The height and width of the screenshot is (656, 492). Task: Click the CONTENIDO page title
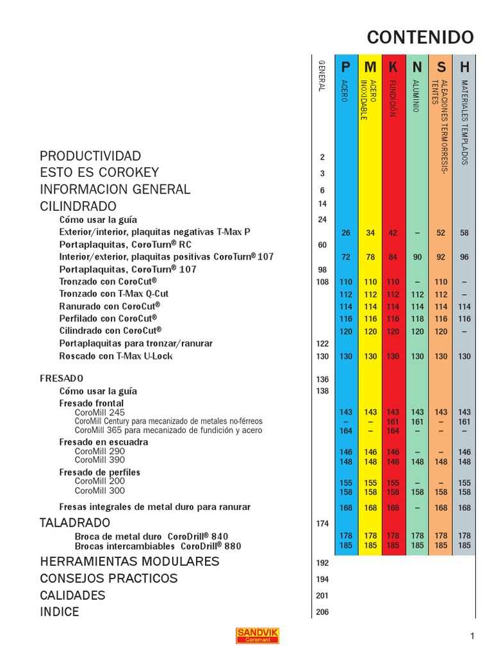pyautogui.click(x=420, y=37)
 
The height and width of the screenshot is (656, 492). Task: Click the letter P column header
pyautogui.click(x=346, y=67)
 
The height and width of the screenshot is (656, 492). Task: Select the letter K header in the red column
pyautogui.click(x=393, y=67)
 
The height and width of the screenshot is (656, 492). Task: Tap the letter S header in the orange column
pyautogui.click(x=441, y=67)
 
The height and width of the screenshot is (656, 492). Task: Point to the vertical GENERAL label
pyautogui.click(x=322, y=76)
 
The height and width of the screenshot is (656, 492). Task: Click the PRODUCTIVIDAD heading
pyautogui.click(x=90, y=156)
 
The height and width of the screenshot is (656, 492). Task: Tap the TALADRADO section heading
pyautogui.click(x=75, y=523)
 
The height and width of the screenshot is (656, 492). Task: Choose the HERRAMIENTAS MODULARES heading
pyautogui.click(x=129, y=562)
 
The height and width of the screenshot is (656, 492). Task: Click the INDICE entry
pyautogui.click(x=60, y=612)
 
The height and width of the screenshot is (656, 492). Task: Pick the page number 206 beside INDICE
pyautogui.click(x=322, y=612)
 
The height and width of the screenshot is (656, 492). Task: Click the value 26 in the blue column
pyautogui.click(x=346, y=233)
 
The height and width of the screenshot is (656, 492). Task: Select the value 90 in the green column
pyautogui.click(x=417, y=257)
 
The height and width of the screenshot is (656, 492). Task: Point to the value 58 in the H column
pyautogui.click(x=464, y=233)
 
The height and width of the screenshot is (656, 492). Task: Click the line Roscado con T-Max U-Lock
pyautogui.click(x=116, y=356)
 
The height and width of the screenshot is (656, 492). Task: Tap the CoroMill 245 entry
pyautogui.click(x=100, y=413)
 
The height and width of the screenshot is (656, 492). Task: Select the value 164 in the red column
pyautogui.click(x=393, y=431)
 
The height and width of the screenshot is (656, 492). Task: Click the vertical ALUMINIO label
pyautogui.click(x=416, y=97)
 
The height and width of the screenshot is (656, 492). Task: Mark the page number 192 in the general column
pyautogui.click(x=322, y=563)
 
